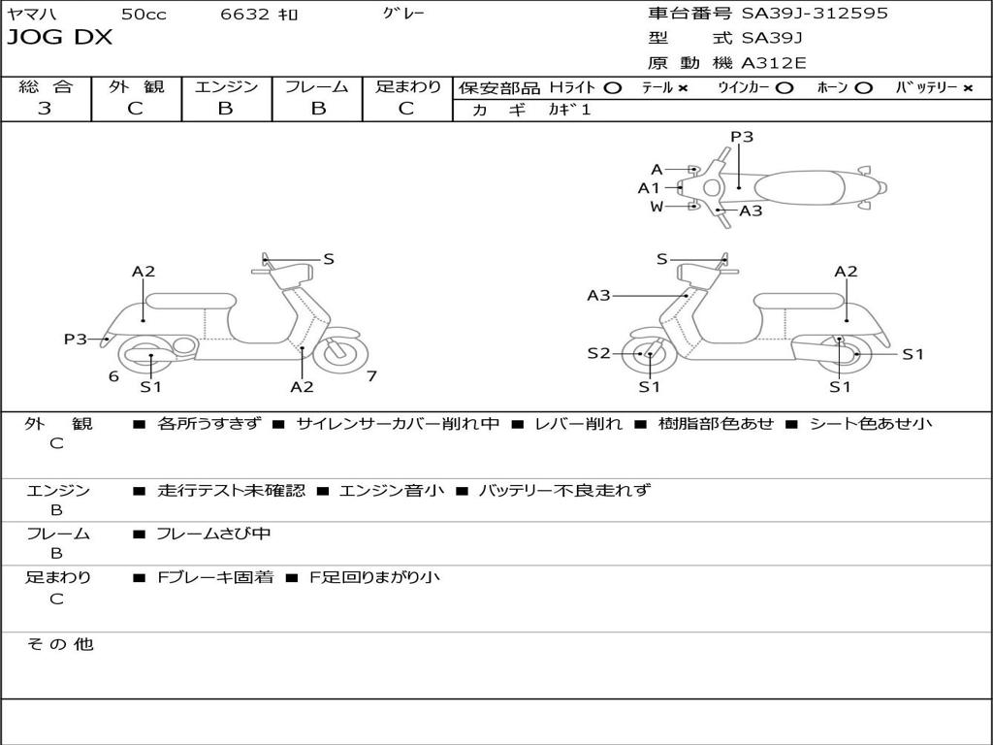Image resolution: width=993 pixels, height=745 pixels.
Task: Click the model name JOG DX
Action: (59, 38)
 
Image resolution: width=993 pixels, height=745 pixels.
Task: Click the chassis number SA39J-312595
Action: (815, 14)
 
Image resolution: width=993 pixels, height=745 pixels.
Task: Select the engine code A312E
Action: (773, 63)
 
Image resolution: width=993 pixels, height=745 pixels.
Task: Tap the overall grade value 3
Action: (45, 109)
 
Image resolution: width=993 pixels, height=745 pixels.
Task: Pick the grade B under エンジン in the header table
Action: (225, 109)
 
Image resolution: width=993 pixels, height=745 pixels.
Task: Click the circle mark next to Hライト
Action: (612, 88)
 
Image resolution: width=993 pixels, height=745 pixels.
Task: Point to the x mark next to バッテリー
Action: (967, 88)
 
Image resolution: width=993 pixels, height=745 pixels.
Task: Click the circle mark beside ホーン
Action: (862, 88)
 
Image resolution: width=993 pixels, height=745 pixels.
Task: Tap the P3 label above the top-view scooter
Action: (742, 137)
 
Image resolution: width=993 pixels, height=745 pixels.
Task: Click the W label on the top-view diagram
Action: (657, 207)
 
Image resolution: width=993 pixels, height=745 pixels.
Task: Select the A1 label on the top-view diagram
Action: (649, 188)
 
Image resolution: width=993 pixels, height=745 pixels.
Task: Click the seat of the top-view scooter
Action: (799, 188)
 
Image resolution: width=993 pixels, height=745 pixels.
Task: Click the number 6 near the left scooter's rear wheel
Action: (113, 376)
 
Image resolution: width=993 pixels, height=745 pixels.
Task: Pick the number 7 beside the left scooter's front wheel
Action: (371, 376)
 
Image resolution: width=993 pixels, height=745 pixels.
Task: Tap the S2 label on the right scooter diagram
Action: (598, 353)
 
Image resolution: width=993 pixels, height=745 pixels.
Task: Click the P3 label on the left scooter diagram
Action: (76, 339)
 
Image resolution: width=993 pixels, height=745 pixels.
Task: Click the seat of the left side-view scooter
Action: (191, 301)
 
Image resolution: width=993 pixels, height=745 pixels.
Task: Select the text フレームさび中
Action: (213, 534)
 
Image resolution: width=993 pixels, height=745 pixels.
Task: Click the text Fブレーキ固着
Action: (215, 577)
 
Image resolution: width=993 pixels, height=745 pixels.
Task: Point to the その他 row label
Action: (60, 644)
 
